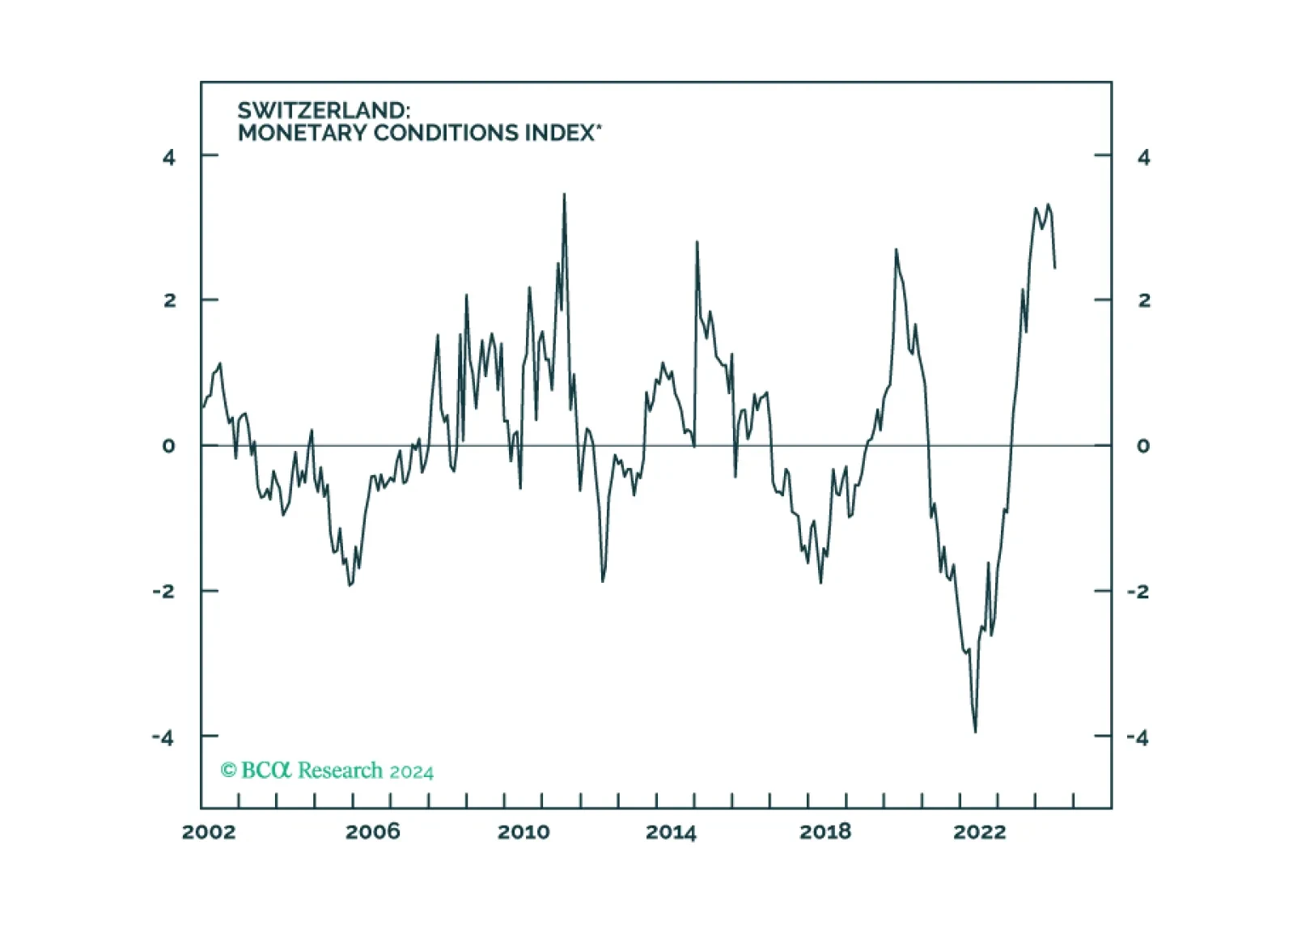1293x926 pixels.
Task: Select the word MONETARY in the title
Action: [302, 133]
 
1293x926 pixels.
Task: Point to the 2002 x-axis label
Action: [209, 832]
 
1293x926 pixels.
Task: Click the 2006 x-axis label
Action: [373, 832]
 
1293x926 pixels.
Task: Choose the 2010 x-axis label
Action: [524, 832]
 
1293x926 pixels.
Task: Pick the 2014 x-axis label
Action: [671, 832]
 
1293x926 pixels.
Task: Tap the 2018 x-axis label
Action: [825, 832]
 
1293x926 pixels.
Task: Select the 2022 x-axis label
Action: [980, 832]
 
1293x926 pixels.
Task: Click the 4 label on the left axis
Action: [168, 157]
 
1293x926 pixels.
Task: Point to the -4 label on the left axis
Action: [163, 737]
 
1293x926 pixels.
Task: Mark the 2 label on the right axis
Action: [1144, 300]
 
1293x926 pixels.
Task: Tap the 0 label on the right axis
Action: [1143, 446]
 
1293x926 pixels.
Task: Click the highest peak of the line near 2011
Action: [564, 194]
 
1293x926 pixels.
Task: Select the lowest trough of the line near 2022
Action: [976, 732]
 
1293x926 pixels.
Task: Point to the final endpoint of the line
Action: [1055, 268]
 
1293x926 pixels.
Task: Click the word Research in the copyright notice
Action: [341, 770]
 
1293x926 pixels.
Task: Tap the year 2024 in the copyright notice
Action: [412, 772]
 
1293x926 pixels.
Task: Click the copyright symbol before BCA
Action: [229, 770]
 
